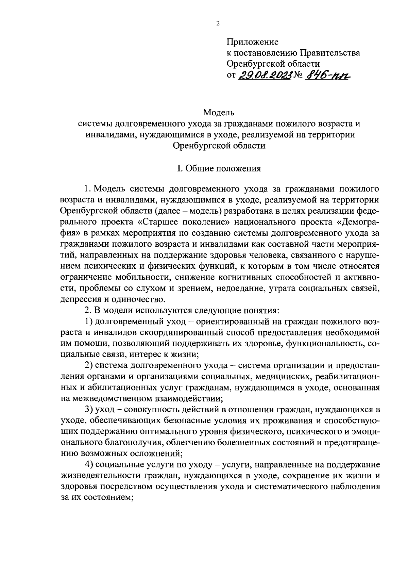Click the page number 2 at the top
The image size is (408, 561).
(x=218, y=23)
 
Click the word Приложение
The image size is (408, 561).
(x=252, y=42)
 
